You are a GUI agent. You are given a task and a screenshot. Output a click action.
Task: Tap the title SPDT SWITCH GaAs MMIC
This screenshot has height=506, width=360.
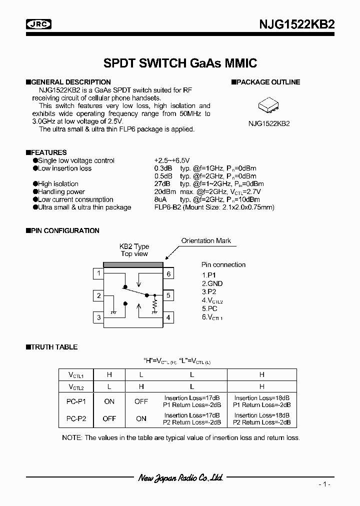point(180,63)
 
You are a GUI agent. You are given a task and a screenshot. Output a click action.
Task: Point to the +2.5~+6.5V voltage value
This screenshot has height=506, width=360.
point(172,160)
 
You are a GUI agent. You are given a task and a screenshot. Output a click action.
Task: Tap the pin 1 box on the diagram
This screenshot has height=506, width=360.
point(99,273)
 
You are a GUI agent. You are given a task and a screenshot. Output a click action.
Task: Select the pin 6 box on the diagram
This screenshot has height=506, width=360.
point(169,273)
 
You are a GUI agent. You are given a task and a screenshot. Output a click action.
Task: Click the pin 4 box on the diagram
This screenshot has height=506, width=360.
point(169,317)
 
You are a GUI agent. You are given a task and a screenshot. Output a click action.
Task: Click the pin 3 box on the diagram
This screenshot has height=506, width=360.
point(99,317)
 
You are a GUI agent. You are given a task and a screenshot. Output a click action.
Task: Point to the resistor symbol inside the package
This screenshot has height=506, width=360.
point(155,303)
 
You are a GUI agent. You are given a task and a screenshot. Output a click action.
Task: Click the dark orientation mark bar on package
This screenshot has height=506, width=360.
point(133,264)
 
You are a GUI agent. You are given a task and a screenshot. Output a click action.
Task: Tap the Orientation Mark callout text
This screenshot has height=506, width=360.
point(206,241)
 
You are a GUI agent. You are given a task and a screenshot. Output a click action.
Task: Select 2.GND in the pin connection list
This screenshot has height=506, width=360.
point(212,283)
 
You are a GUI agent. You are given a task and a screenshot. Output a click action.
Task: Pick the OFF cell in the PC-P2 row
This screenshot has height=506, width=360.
point(109,419)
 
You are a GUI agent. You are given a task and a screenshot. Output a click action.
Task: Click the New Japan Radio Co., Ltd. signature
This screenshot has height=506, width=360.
point(180,478)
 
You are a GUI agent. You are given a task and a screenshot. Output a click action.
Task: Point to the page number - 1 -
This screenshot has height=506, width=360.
point(324,484)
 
